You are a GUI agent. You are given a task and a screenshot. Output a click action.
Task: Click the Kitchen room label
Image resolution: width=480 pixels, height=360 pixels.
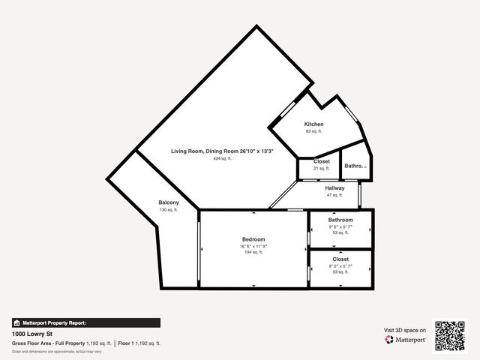pos(313,124)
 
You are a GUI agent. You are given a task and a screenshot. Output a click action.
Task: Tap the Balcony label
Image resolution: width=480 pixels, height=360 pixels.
pos(169,202)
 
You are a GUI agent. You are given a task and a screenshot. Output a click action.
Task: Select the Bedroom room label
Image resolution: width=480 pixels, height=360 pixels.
pos(253,239)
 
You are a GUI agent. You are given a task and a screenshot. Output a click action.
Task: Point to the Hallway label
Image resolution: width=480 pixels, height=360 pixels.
pos(334,187)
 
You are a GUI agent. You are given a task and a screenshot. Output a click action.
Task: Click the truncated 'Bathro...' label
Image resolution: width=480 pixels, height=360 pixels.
pos(355,166)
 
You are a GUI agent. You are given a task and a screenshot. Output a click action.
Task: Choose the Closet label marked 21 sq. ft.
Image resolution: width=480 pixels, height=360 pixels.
pos(321,161)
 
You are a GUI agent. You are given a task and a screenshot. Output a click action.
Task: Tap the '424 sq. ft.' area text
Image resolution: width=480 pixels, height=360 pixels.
pos(222,159)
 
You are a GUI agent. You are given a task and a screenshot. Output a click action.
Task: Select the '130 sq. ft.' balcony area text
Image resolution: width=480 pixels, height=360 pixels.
pos(169,210)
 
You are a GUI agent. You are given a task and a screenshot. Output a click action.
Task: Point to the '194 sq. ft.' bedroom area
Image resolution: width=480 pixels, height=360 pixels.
pos(253,253)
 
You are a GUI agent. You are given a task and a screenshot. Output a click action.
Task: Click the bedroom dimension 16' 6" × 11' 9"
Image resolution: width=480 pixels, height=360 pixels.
pos(253,246)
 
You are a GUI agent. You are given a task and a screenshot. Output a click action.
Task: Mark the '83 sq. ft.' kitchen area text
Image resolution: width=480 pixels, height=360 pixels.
pos(313,131)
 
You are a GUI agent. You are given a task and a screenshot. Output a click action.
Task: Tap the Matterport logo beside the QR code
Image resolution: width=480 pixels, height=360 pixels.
pos(406,340)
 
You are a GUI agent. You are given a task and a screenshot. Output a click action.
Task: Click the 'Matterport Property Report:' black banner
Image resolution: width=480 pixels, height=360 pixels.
pos(85,322)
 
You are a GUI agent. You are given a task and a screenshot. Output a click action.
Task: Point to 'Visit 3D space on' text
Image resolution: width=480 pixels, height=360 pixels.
pos(405,330)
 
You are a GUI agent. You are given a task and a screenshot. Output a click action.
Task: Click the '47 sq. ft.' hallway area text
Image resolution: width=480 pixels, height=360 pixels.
pos(334,195)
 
